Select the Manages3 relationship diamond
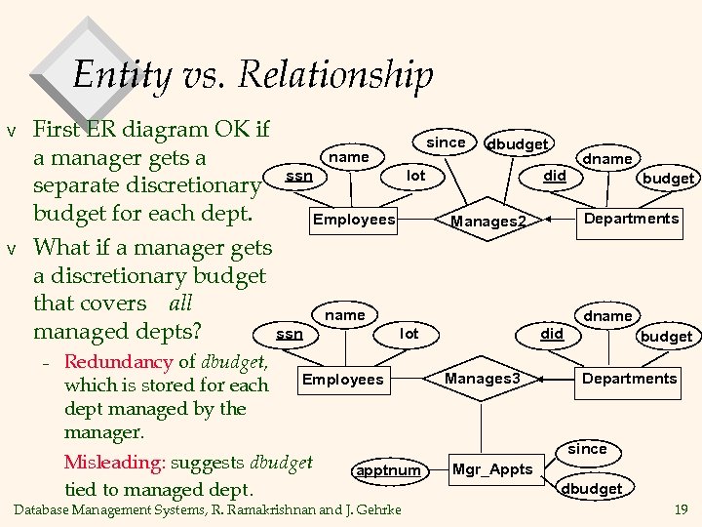(x=483, y=378)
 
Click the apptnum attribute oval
(x=388, y=470)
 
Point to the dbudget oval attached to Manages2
(x=517, y=143)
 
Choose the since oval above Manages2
(x=447, y=142)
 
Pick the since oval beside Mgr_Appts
(x=587, y=449)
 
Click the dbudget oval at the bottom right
(x=591, y=488)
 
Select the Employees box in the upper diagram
(x=354, y=220)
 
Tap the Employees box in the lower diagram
(x=344, y=379)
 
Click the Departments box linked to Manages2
(x=631, y=219)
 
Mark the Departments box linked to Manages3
(x=629, y=379)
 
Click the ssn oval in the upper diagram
(x=299, y=176)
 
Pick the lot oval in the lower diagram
(x=409, y=334)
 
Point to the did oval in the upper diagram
(x=555, y=176)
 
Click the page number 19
(x=680, y=508)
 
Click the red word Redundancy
(x=118, y=362)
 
